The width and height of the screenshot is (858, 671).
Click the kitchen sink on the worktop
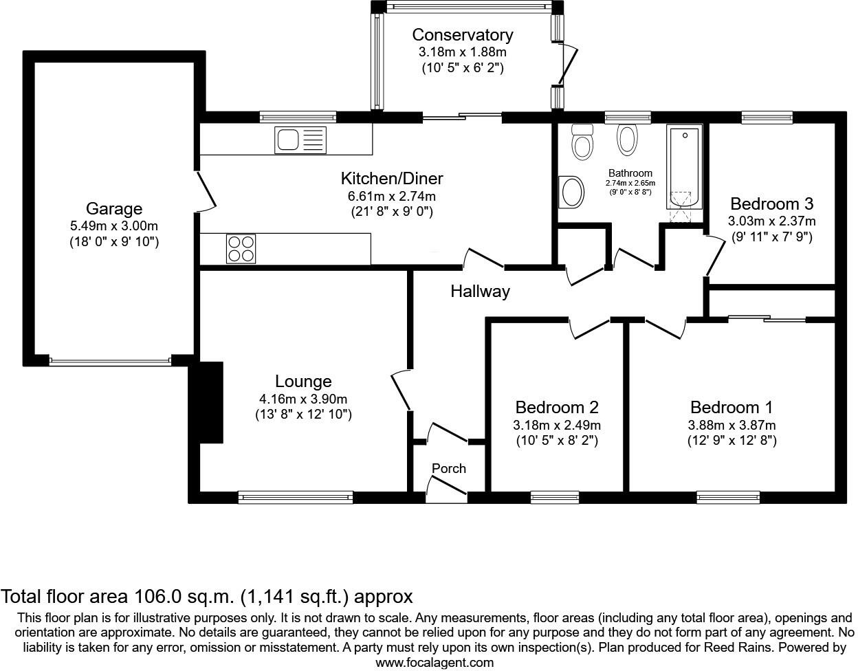299,140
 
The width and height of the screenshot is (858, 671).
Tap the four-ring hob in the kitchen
241,248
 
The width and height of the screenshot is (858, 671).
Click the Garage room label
114,208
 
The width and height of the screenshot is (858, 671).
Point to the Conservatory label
462,34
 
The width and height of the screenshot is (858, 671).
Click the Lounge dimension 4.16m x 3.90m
302,399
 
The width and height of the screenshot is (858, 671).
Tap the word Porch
448,468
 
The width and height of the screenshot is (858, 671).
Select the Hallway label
480,291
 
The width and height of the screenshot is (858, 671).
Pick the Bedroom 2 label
557,407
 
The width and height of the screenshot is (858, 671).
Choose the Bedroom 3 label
771,203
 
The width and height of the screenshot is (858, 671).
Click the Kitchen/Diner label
392,179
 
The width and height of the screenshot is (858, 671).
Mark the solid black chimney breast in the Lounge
210,402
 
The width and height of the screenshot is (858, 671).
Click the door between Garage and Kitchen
205,190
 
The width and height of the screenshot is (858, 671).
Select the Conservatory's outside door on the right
568,64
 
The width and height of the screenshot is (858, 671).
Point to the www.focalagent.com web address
434,663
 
